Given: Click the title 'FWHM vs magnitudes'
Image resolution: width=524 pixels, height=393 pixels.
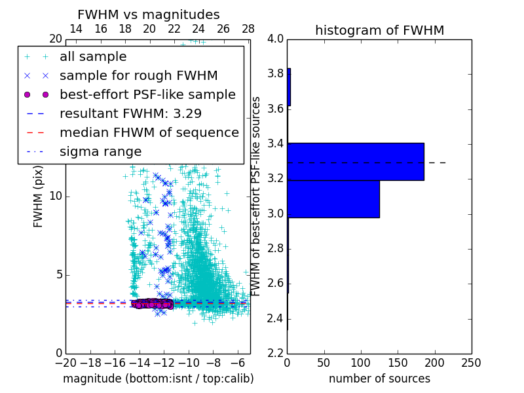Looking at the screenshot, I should coord(149,14).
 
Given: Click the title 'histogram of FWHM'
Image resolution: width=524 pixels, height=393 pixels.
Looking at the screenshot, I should coord(379,30).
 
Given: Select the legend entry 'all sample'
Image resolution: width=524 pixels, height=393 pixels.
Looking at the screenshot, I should coord(93,57).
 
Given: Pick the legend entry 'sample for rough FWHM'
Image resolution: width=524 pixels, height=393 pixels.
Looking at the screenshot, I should coord(138,75).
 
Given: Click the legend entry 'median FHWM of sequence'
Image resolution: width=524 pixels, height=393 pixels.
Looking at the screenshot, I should coord(149,132).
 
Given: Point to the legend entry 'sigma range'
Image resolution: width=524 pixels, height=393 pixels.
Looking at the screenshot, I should coord(100,151).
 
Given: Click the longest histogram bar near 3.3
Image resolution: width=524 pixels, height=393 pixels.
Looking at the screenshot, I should coord(356,161).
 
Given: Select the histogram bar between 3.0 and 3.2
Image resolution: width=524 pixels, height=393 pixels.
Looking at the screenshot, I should coord(333,198).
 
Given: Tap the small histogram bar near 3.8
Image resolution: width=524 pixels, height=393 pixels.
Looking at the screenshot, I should coord(289,87).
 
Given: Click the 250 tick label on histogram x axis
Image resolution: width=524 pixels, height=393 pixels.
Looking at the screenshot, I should coord(471,362).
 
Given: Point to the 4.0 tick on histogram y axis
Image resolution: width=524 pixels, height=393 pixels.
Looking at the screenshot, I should coord(275,39).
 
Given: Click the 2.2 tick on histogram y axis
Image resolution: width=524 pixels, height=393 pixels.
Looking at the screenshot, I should coord(275,353).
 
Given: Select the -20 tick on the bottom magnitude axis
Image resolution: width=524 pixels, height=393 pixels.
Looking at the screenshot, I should coord(65,362).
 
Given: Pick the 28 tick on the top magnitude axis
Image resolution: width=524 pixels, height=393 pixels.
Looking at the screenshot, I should coord(248,29).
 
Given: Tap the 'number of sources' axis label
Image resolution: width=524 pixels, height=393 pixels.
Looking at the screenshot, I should coord(379,379).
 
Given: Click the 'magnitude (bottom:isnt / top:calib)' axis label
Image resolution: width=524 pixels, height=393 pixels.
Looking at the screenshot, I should coord(158,379).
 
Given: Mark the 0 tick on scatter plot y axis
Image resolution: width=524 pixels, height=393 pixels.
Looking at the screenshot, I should coord(58,353).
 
